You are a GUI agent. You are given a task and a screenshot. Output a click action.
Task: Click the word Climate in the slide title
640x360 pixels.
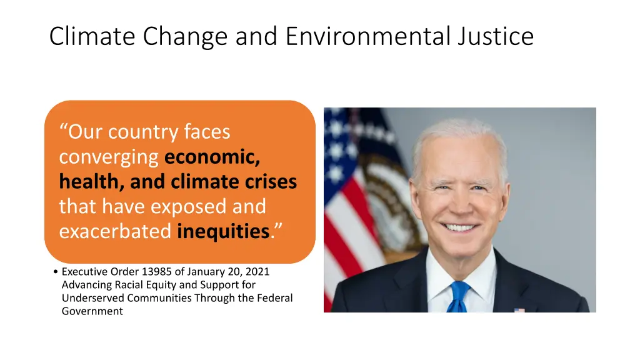click(92, 36)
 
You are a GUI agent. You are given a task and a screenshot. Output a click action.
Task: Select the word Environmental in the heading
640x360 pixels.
click(368, 36)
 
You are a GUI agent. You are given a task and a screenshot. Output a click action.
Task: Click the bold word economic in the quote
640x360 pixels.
click(212, 157)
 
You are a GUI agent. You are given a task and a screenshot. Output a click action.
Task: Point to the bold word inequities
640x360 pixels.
click(223, 232)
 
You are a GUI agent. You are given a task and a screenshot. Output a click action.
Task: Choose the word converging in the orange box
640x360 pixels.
click(109, 157)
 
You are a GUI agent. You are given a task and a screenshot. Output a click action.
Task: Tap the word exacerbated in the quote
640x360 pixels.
click(115, 232)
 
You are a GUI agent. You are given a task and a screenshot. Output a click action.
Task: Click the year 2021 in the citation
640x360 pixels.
click(258, 272)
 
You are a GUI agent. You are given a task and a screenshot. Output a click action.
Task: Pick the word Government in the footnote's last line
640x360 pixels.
click(92, 311)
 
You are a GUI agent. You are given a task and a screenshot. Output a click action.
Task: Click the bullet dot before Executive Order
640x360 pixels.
click(56, 272)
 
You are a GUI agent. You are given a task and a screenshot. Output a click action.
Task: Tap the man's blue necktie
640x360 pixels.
click(459, 296)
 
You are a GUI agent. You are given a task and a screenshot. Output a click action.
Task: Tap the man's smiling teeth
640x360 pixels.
click(461, 228)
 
